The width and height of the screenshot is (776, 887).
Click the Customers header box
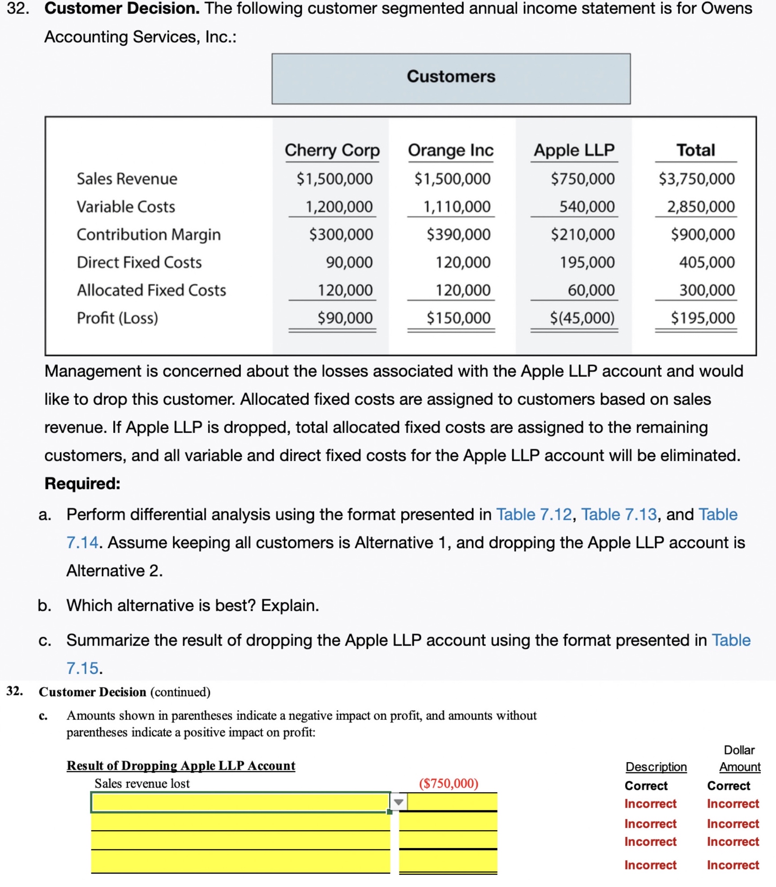click(450, 78)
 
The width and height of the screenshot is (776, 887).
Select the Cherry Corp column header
click(332, 150)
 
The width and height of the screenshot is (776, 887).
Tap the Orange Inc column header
click(450, 150)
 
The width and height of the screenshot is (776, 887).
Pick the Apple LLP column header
click(574, 150)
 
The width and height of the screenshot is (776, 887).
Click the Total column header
click(695, 150)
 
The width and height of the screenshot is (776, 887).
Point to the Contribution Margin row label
click(148, 234)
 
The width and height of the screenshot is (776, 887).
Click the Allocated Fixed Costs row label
click(151, 290)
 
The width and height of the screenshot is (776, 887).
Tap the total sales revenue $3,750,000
click(696, 179)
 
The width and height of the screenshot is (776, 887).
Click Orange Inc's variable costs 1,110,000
click(457, 206)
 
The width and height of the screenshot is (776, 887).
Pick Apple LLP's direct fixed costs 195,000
click(587, 262)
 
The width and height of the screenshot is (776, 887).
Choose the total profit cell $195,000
click(702, 318)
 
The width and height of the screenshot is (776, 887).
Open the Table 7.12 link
click(534, 514)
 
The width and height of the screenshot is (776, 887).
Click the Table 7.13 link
click(618, 514)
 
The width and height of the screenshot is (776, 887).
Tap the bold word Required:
click(82, 484)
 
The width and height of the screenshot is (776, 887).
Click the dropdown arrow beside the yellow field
click(399, 802)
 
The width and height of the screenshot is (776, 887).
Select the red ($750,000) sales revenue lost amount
click(448, 783)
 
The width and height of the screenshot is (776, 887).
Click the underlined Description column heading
click(656, 767)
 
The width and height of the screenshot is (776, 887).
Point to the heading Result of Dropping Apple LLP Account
click(181, 766)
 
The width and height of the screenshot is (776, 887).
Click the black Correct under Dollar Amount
click(728, 786)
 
